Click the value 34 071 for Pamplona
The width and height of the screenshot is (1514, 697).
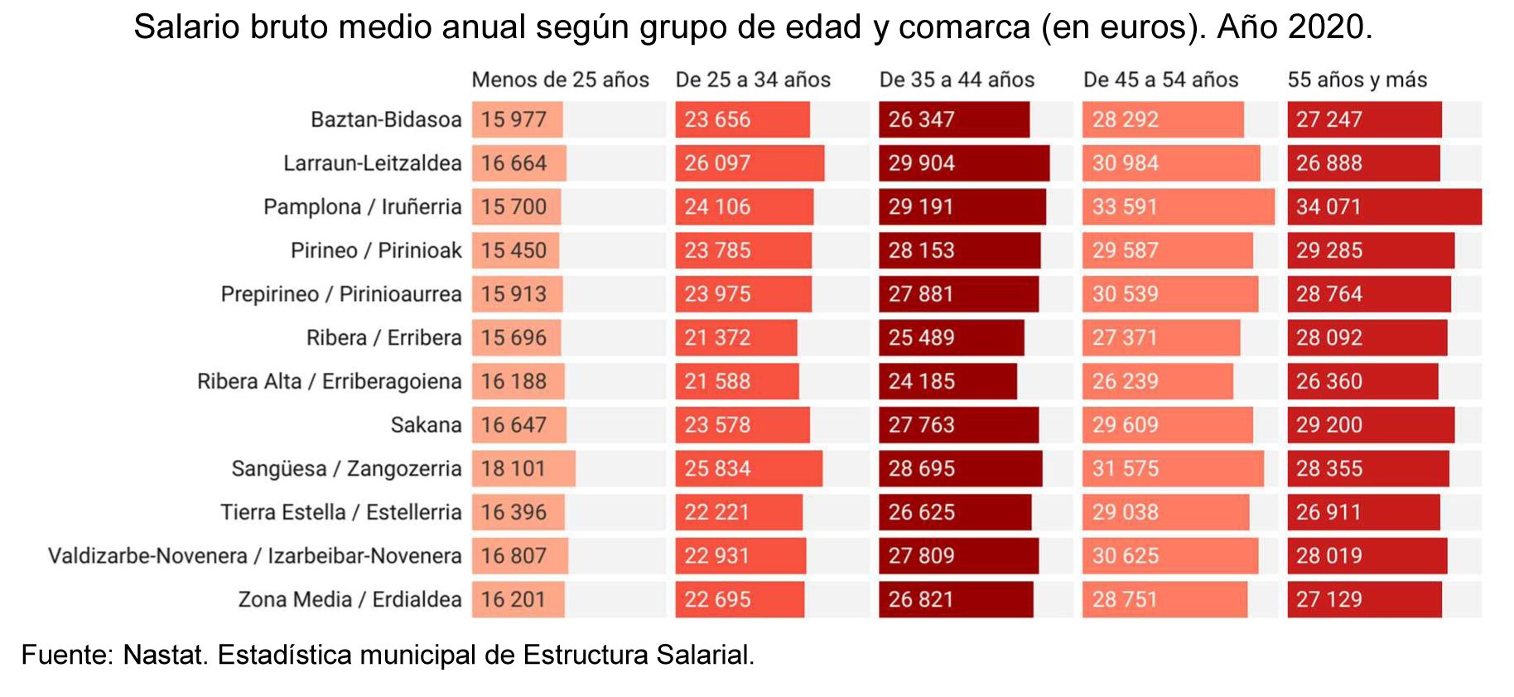(x=1328, y=206)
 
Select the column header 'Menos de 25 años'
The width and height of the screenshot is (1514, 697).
(x=560, y=80)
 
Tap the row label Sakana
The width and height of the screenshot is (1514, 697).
(x=426, y=425)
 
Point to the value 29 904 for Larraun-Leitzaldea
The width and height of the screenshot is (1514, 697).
(x=921, y=163)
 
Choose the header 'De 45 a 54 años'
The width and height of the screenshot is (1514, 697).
(x=1160, y=80)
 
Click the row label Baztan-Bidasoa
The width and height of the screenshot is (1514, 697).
(x=386, y=119)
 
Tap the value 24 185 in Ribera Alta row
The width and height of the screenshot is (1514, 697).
(x=921, y=381)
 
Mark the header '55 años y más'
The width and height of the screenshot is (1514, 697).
(x=1357, y=80)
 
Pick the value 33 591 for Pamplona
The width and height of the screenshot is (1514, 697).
(x=1124, y=206)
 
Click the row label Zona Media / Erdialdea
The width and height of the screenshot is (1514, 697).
(x=350, y=599)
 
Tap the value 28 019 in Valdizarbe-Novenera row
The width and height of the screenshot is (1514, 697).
(x=1328, y=556)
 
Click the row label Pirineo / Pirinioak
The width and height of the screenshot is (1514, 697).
(x=376, y=250)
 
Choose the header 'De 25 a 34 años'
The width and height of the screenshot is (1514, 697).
(x=753, y=80)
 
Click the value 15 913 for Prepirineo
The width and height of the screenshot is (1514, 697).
(x=514, y=294)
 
